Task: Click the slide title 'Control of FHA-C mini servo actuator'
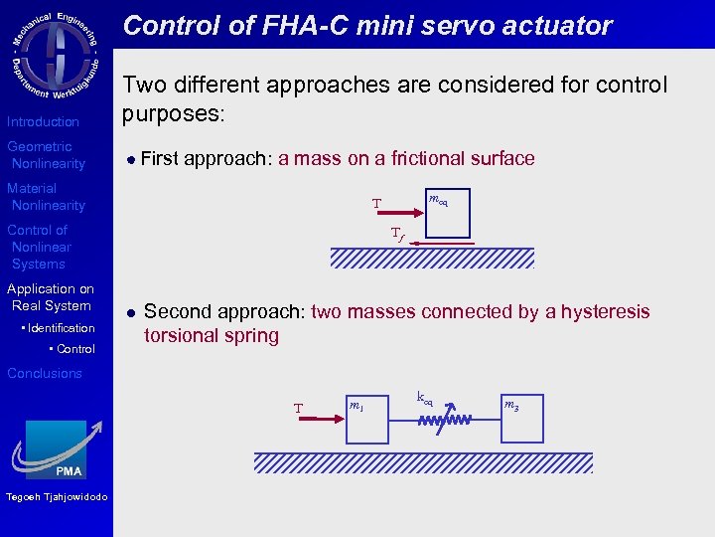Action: click(367, 26)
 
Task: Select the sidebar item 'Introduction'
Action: click(43, 121)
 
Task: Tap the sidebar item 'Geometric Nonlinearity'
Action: click(47, 155)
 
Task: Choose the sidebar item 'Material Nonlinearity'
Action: click(47, 197)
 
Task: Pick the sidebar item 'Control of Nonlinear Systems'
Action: click(40, 247)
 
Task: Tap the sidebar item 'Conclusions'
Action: click(45, 373)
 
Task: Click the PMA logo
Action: click(56, 450)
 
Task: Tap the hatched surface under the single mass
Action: click(431, 259)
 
